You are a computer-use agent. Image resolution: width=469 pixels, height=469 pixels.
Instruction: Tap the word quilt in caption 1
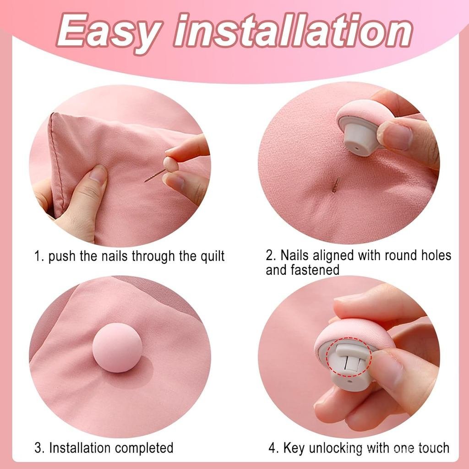[213, 256]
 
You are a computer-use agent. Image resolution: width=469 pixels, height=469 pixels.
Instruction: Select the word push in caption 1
[62, 256]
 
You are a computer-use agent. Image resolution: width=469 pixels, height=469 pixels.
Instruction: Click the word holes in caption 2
[436, 255]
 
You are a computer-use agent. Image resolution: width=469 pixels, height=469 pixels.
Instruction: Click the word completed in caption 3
[144, 448]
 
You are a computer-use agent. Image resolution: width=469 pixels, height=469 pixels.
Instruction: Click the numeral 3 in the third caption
[38, 448]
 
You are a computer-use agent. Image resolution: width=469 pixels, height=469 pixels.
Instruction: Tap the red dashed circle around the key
[349, 357]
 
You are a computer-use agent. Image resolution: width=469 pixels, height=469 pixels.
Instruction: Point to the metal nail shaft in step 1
[154, 175]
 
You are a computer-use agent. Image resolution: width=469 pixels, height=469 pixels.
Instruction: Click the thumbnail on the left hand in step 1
[98, 174]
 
